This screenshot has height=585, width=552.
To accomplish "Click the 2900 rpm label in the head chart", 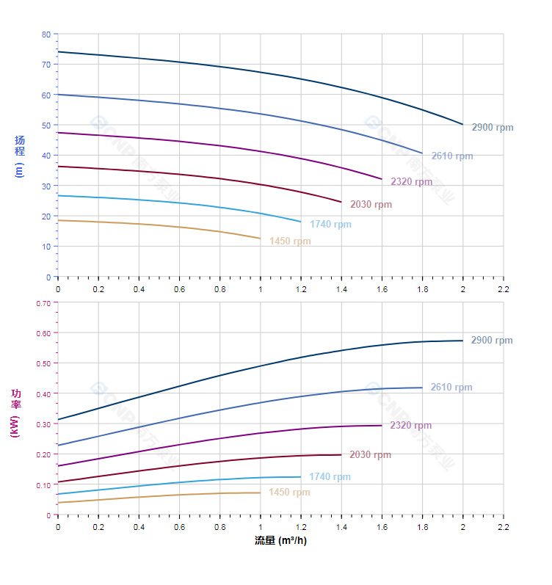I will [x=492, y=128].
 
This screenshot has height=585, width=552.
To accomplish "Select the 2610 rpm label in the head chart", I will [x=451, y=156].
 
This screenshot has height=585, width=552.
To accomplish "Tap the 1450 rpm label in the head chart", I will [x=290, y=241].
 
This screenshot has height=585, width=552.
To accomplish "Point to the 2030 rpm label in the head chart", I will [x=371, y=205].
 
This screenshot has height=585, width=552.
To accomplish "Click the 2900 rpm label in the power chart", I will [x=492, y=341].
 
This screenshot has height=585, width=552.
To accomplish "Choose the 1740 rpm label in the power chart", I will [x=330, y=477].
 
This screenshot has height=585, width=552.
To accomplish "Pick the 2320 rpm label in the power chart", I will [x=410, y=426].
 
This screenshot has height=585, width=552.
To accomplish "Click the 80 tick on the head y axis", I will [x=46, y=34].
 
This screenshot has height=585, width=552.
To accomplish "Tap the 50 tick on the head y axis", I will [x=46, y=126].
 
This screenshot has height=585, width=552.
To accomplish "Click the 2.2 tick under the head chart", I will [x=503, y=288].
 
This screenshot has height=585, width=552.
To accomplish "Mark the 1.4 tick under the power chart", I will [x=341, y=526].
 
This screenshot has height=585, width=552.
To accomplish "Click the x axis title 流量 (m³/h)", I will [x=280, y=541].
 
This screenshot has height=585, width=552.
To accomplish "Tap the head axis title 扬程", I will [x=20, y=145].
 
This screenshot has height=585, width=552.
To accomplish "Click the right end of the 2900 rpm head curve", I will [x=462, y=125].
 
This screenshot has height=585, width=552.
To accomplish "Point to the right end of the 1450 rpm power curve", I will [x=260, y=493].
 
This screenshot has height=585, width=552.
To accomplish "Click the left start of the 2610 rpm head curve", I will [x=58, y=95].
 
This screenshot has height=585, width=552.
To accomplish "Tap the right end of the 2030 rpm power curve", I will [x=341, y=454].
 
